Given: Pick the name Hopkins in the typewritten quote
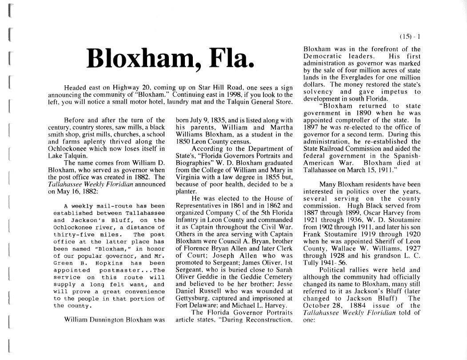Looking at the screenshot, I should point(107,263).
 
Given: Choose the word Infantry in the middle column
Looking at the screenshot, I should point(189,220).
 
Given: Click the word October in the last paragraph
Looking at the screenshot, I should point(317,305).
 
